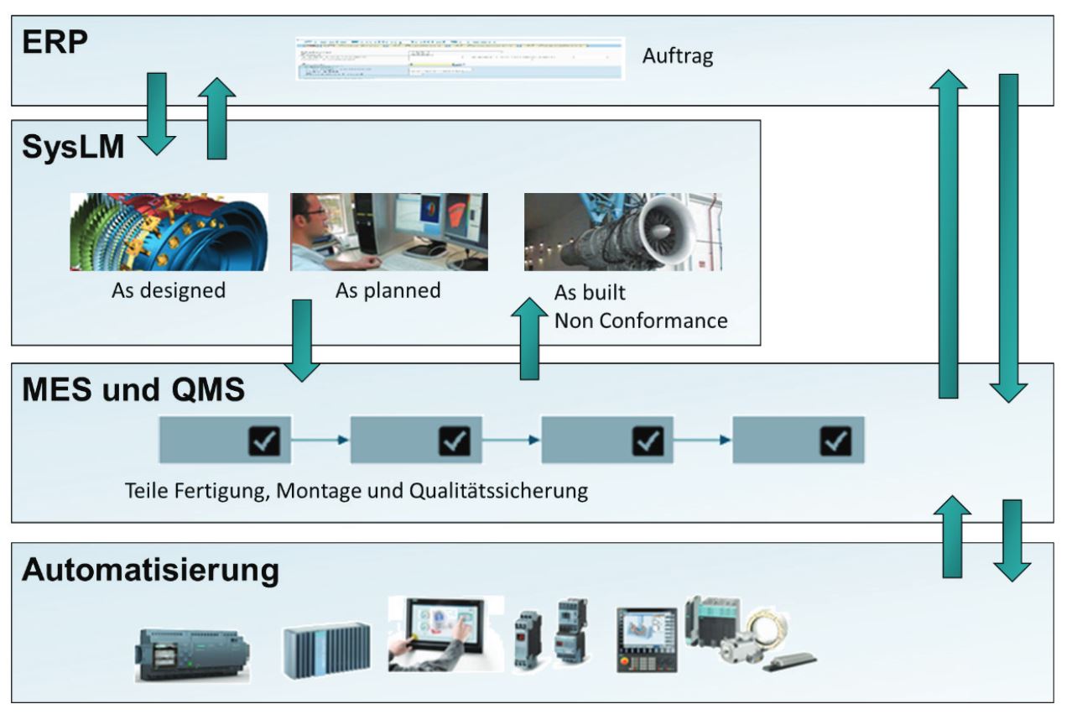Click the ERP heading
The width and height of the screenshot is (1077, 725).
(x=55, y=42)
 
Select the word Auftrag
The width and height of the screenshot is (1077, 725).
(x=678, y=57)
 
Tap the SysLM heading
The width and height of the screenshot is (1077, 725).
(x=73, y=148)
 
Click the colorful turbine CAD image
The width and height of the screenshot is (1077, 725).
(x=169, y=232)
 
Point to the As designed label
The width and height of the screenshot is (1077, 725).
(x=169, y=291)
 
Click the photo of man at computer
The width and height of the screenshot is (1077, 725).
(x=389, y=232)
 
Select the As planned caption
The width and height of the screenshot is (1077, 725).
(x=388, y=291)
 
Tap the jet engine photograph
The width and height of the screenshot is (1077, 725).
(x=622, y=232)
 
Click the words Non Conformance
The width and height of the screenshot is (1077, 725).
(x=641, y=320)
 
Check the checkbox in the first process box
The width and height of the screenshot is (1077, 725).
(x=264, y=440)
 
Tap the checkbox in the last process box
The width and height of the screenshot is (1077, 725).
(x=835, y=440)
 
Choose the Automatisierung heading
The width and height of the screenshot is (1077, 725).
(x=150, y=570)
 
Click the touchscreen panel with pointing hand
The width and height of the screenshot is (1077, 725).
(x=445, y=634)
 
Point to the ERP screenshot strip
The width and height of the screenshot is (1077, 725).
(x=460, y=58)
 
